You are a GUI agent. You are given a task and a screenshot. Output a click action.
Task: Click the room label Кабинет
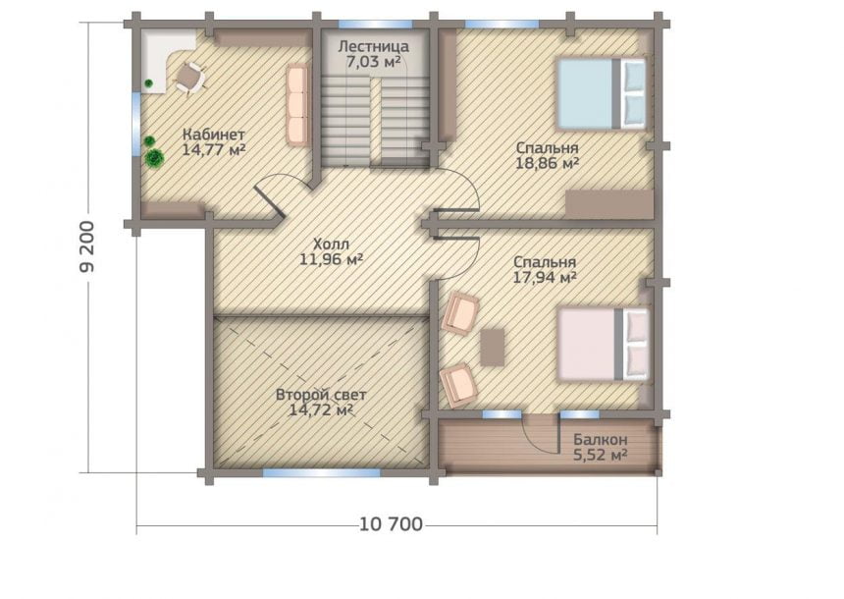214,135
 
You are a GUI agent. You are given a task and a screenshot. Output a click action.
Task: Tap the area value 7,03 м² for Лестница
373,62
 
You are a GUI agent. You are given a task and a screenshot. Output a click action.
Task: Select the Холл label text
331,244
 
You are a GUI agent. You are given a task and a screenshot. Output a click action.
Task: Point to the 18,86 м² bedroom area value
547,163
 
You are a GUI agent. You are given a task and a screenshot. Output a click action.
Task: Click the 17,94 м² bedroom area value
545,278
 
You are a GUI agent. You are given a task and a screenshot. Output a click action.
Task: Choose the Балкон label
601,440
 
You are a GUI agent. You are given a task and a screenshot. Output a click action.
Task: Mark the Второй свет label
321,395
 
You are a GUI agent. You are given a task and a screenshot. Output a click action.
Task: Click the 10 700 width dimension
391,523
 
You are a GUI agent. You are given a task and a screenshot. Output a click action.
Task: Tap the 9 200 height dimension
86,246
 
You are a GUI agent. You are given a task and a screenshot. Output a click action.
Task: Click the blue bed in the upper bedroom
601,93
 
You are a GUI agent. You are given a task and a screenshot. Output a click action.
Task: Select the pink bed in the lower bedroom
603,345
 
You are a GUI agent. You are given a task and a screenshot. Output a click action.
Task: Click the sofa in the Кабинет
296,104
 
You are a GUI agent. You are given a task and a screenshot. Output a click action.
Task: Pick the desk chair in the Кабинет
189,78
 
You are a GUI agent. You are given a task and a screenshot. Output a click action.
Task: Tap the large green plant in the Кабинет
155,158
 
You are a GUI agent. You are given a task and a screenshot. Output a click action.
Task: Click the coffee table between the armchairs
492,348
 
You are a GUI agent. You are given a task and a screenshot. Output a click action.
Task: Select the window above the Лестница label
375,25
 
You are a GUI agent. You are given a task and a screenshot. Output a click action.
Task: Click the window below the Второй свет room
321,473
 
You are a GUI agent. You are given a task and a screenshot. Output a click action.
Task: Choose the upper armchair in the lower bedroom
460,313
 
